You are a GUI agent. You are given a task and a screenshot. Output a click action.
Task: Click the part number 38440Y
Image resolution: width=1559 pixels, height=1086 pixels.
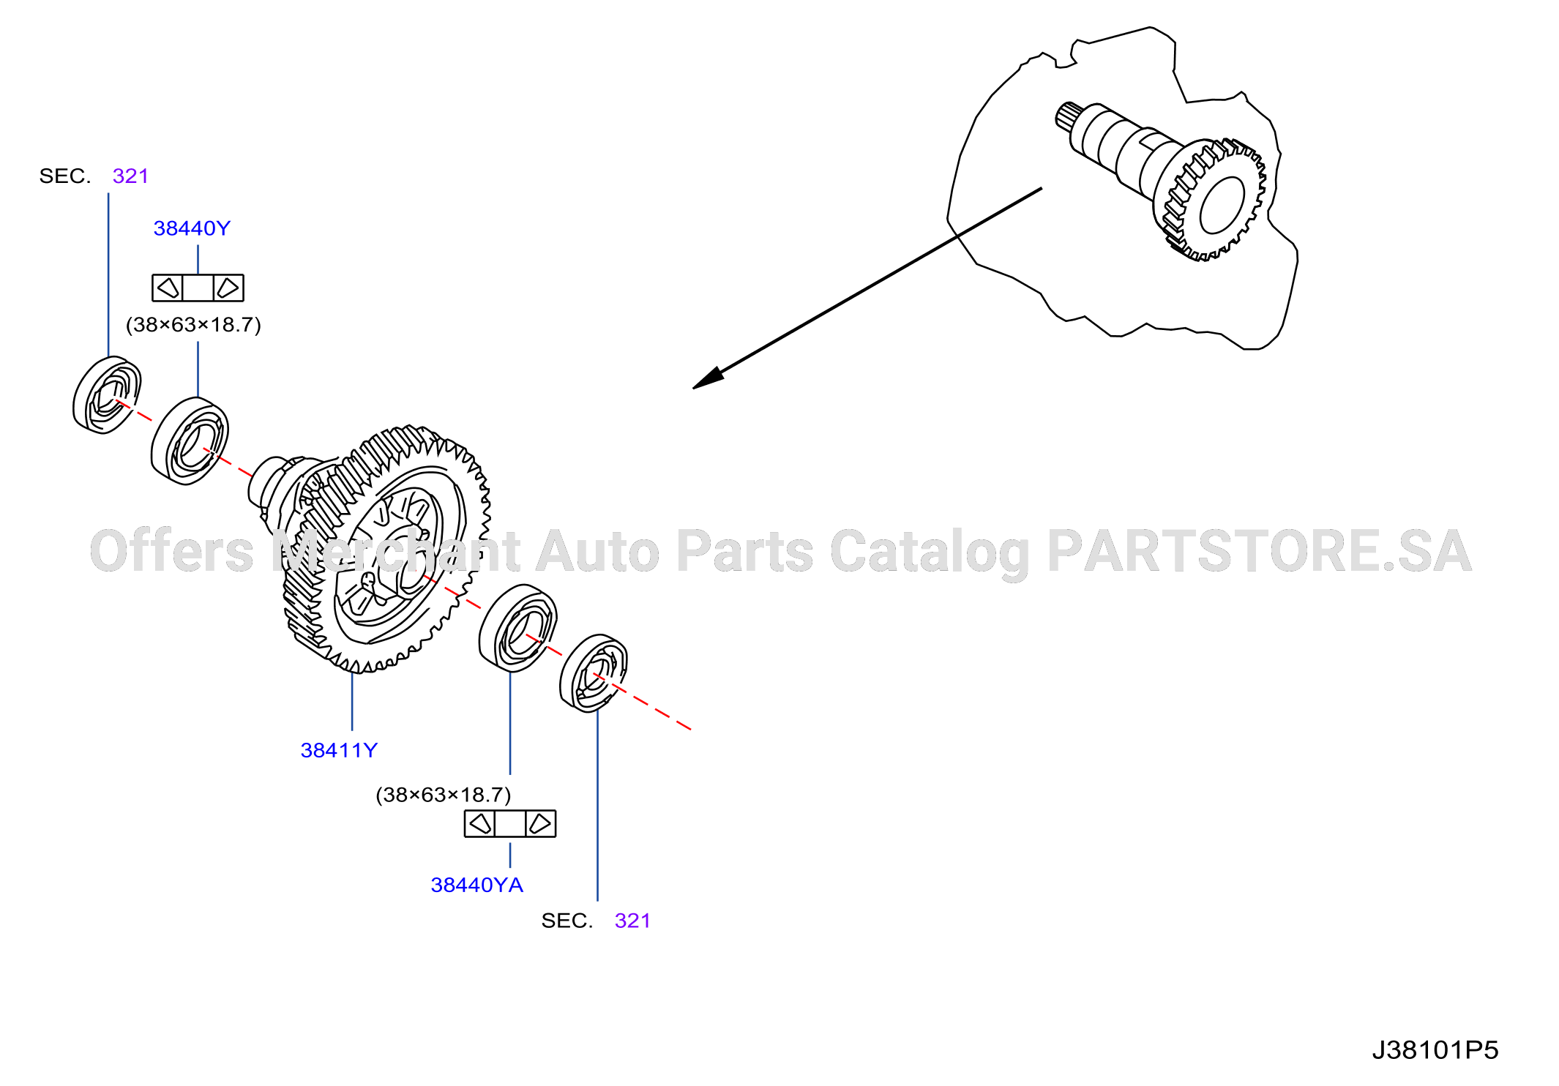pos(192,228)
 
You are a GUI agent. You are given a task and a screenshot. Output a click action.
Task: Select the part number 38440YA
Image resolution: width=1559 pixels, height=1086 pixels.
pos(477,885)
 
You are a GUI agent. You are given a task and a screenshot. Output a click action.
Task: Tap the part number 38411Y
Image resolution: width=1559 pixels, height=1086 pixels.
pos(339,750)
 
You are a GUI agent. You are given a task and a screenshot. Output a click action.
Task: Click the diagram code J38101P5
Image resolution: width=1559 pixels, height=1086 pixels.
pos(1435,1050)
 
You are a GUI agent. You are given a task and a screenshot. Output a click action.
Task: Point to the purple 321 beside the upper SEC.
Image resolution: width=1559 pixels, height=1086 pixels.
pos(130,176)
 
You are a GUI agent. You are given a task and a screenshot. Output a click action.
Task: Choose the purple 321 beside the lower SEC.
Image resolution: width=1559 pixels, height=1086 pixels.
pos(632,921)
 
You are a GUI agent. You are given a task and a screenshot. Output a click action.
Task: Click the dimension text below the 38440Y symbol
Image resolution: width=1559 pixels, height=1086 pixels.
pos(193,325)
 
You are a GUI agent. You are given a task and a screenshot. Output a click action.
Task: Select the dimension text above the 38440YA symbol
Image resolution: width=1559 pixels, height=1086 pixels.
pos(444,795)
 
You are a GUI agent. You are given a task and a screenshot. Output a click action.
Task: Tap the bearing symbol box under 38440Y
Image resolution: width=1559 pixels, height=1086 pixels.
pos(198,288)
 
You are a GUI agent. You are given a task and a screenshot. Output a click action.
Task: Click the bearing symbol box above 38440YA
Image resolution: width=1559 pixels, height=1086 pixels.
pos(510,823)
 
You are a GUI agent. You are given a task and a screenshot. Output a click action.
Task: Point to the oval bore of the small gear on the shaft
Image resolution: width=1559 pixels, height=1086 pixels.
pos(1222,205)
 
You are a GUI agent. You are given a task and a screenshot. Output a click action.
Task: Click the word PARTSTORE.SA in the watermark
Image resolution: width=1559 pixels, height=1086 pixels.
pos(1259,551)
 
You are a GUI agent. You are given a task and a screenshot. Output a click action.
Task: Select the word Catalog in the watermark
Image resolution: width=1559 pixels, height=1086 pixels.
pos(930,553)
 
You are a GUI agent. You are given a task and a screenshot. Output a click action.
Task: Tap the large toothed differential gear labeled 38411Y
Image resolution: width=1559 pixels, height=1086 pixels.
pos(388,549)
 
